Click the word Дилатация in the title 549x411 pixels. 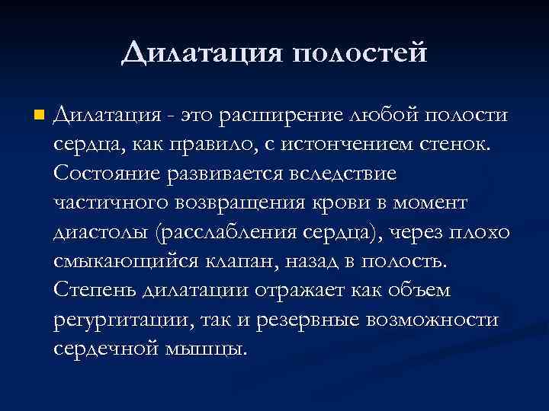201,52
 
